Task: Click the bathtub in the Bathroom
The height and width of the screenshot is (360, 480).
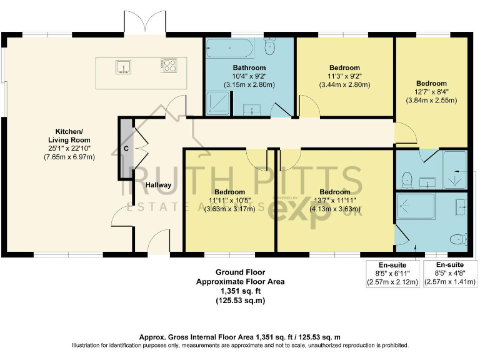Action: pos(228,47)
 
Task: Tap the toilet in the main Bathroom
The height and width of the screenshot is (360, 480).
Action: pos(271,47)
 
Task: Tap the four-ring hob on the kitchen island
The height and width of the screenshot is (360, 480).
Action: pos(169,65)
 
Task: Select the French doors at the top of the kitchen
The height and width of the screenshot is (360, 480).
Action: pos(146,24)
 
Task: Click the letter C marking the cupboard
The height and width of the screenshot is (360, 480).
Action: pos(126,149)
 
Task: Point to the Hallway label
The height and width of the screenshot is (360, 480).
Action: pos(158,185)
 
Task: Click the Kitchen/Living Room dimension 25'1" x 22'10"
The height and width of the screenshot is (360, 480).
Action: pos(69,148)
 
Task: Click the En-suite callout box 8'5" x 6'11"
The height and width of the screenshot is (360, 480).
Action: pos(393,273)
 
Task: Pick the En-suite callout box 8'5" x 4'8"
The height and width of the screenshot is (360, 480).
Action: pos(450,273)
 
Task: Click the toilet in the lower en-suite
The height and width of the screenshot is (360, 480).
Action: pos(461,237)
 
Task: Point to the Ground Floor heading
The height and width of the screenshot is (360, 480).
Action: pos(241,272)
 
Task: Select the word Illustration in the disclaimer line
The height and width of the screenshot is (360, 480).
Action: pos(87,345)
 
